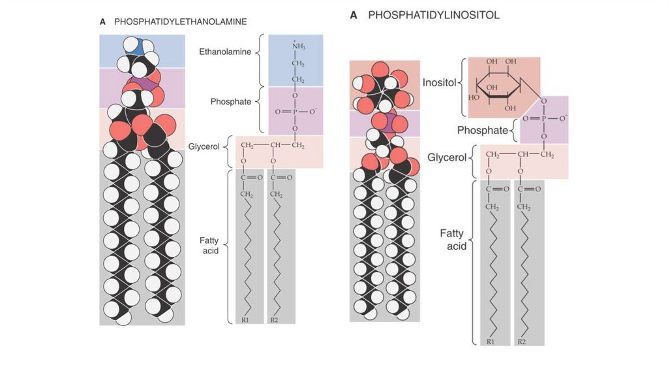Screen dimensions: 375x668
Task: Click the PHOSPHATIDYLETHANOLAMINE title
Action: click(x=180, y=22)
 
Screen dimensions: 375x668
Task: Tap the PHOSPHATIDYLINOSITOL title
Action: click(x=434, y=15)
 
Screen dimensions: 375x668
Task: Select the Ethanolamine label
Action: click(x=226, y=51)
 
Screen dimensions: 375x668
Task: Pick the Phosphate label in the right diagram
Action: click(x=482, y=130)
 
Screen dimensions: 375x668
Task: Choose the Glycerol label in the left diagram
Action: click(x=204, y=146)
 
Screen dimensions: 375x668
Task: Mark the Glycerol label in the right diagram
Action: click(x=447, y=157)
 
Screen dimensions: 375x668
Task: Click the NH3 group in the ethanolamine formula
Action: click(x=297, y=46)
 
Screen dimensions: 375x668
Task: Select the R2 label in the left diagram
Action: click(x=274, y=319)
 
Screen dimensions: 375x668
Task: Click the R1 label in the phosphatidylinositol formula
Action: click(x=491, y=342)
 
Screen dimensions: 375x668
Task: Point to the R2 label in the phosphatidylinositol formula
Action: click(x=522, y=342)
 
